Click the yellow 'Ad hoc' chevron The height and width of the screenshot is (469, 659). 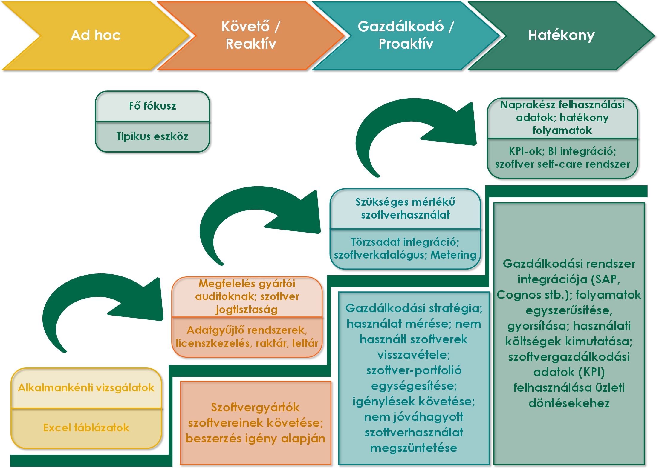point(96,35)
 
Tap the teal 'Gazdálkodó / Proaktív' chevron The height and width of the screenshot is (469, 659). point(406,35)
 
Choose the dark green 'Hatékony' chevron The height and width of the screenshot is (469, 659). point(561,35)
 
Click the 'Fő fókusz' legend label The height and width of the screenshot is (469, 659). point(152,106)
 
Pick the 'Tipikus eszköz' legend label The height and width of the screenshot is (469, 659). point(152,136)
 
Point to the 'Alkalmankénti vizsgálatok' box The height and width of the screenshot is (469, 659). point(86,387)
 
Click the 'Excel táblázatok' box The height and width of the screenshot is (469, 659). point(86,428)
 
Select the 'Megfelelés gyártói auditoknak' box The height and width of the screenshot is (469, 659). point(247,296)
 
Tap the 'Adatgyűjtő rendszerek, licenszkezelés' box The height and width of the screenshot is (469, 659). point(247,337)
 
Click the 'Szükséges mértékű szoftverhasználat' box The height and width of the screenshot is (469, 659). point(405,208)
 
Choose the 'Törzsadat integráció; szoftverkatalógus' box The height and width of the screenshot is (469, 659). point(405,248)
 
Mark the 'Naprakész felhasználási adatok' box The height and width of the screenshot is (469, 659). point(562,118)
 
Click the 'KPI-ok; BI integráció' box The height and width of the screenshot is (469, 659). point(562,158)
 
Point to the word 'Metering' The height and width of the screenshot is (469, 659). point(453,255)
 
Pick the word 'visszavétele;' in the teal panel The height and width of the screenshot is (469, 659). point(414,355)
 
